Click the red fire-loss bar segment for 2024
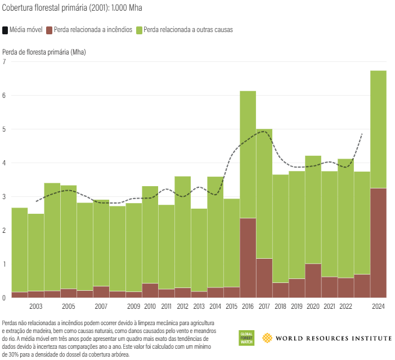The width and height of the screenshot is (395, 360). [378, 242]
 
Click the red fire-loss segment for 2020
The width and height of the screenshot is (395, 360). [313, 280]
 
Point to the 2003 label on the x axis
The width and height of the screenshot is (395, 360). [35, 307]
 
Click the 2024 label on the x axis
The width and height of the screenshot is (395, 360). [378, 307]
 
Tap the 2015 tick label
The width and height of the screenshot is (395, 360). [231, 307]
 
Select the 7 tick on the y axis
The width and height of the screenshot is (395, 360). [5, 61]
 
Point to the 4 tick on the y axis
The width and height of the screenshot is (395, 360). [5, 163]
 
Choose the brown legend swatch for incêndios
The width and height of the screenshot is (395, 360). [50, 29]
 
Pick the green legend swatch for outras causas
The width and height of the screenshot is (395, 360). [140, 29]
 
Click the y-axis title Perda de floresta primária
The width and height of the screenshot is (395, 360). [44, 52]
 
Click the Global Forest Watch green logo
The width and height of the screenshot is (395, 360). [246, 338]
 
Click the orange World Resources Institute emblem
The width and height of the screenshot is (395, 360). [267, 338]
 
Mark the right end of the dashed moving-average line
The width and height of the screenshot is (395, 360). [362, 134]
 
